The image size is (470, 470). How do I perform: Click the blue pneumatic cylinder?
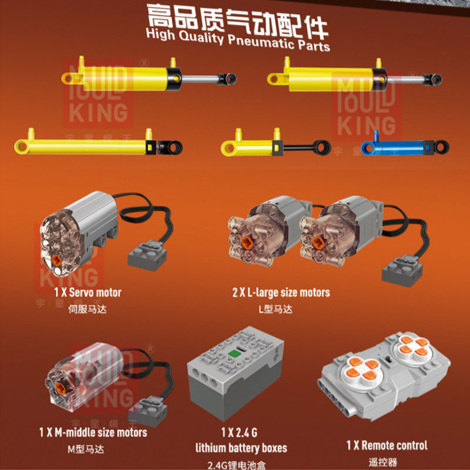[405, 147]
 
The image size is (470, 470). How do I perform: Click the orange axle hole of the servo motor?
[56, 260]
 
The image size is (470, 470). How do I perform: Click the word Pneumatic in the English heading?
[261, 42]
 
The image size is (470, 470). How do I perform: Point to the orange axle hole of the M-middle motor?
[61, 388]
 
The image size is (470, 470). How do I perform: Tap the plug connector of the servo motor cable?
[147, 256]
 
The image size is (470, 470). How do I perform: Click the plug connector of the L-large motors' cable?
[402, 271]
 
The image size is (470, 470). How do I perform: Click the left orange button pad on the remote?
[362, 369]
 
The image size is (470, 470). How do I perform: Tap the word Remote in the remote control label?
[377, 445]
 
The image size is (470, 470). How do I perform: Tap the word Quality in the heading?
[201, 38]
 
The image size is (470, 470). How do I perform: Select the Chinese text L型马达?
[275, 309]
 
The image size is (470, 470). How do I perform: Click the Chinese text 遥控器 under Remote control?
[383, 462]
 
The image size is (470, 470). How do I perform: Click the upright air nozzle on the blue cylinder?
[376, 136]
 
